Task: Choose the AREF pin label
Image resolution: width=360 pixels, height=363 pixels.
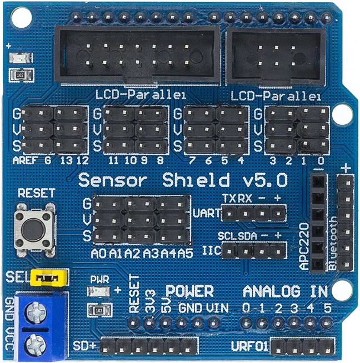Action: pyautogui.click(x=24, y=161)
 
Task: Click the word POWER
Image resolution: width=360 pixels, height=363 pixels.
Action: pyautogui.click(x=189, y=291)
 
